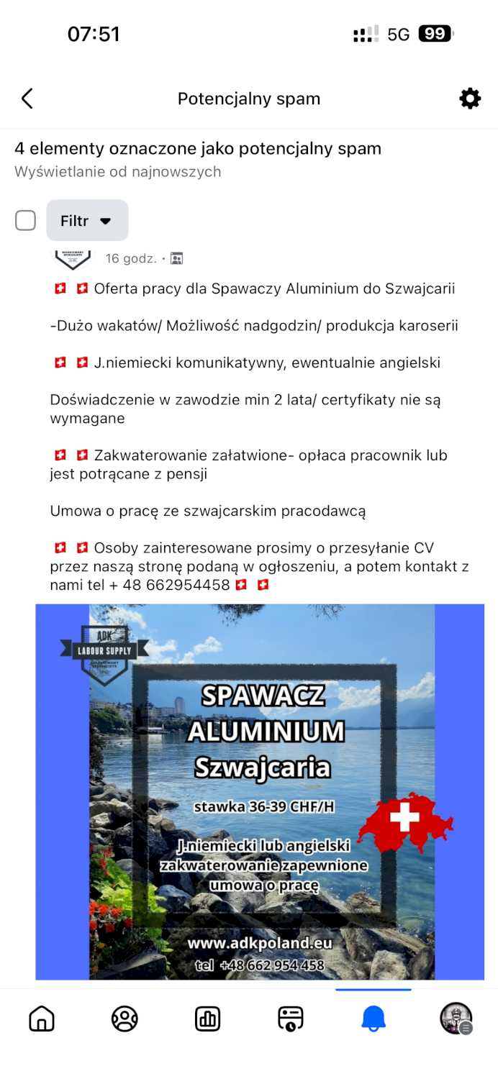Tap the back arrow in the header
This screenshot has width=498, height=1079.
pos(27,99)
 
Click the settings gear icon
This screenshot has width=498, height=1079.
pos(470,99)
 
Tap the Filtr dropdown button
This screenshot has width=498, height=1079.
pos(87,221)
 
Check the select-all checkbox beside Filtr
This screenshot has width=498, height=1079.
pos(26,221)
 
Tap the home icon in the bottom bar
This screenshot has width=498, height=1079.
pos(42,1019)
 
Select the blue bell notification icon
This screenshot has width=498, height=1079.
pos(373,1019)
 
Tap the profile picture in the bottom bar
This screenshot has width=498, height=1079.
pos(456,1019)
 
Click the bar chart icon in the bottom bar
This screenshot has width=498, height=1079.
pos(207,1019)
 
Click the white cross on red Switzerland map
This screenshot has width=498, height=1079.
pos(404,816)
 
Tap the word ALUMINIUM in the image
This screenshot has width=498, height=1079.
pos(266,732)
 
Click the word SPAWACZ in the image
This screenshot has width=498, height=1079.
pos(263,696)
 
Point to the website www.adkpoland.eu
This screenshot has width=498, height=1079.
pos(261,942)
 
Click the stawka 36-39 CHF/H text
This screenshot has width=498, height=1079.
pos(264,806)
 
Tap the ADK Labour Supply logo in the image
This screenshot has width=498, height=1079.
pos(104,652)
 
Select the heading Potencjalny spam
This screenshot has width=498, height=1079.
pos(249,99)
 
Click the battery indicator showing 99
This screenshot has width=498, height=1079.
pos(435,34)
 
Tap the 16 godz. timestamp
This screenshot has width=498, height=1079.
pos(131,258)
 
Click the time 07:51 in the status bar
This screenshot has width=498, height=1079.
pos(94,34)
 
